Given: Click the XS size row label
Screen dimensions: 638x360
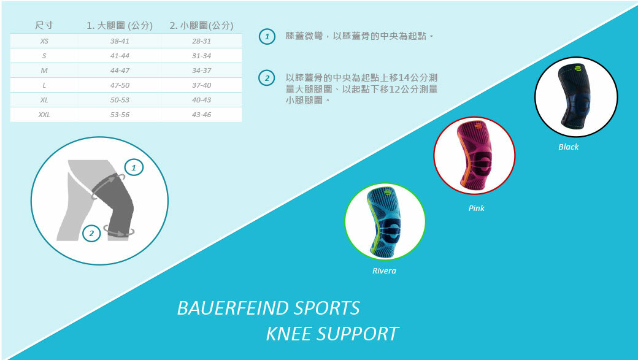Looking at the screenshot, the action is click(x=44, y=41).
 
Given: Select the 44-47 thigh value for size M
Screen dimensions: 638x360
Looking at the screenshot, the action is click(x=120, y=71).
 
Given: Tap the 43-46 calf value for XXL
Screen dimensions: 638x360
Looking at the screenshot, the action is click(x=201, y=115).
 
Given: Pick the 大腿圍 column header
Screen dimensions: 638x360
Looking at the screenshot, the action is click(x=120, y=26).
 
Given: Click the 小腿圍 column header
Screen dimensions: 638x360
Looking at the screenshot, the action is click(x=201, y=26).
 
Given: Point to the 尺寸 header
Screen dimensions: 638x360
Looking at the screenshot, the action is click(x=44, y=26).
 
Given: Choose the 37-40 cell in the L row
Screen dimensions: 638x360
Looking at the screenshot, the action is click(x=201, y=85).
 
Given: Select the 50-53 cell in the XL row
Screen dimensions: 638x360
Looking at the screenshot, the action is click(x=120, y=100).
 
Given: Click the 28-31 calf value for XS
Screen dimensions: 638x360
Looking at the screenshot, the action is click(x=201, y=41).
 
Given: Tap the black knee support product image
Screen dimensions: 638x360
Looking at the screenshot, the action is click(x=575, y=97).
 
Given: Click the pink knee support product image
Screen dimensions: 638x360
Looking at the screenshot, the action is click(x=474, y=156).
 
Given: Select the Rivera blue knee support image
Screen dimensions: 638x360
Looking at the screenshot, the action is click(x=385, y=222).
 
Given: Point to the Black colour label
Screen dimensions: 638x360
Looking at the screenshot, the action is click(x=568, y=147).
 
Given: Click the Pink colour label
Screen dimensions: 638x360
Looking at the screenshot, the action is click(x=476, y=209).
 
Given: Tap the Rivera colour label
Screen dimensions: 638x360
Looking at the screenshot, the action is click(x=384, y=271).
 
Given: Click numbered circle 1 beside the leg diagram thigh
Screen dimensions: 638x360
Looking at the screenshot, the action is click(x=134, y=167).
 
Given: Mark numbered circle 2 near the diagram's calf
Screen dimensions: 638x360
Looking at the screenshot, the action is click(x=91, y=233).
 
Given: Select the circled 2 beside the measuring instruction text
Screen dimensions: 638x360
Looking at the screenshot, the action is click(x=266, y=79).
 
